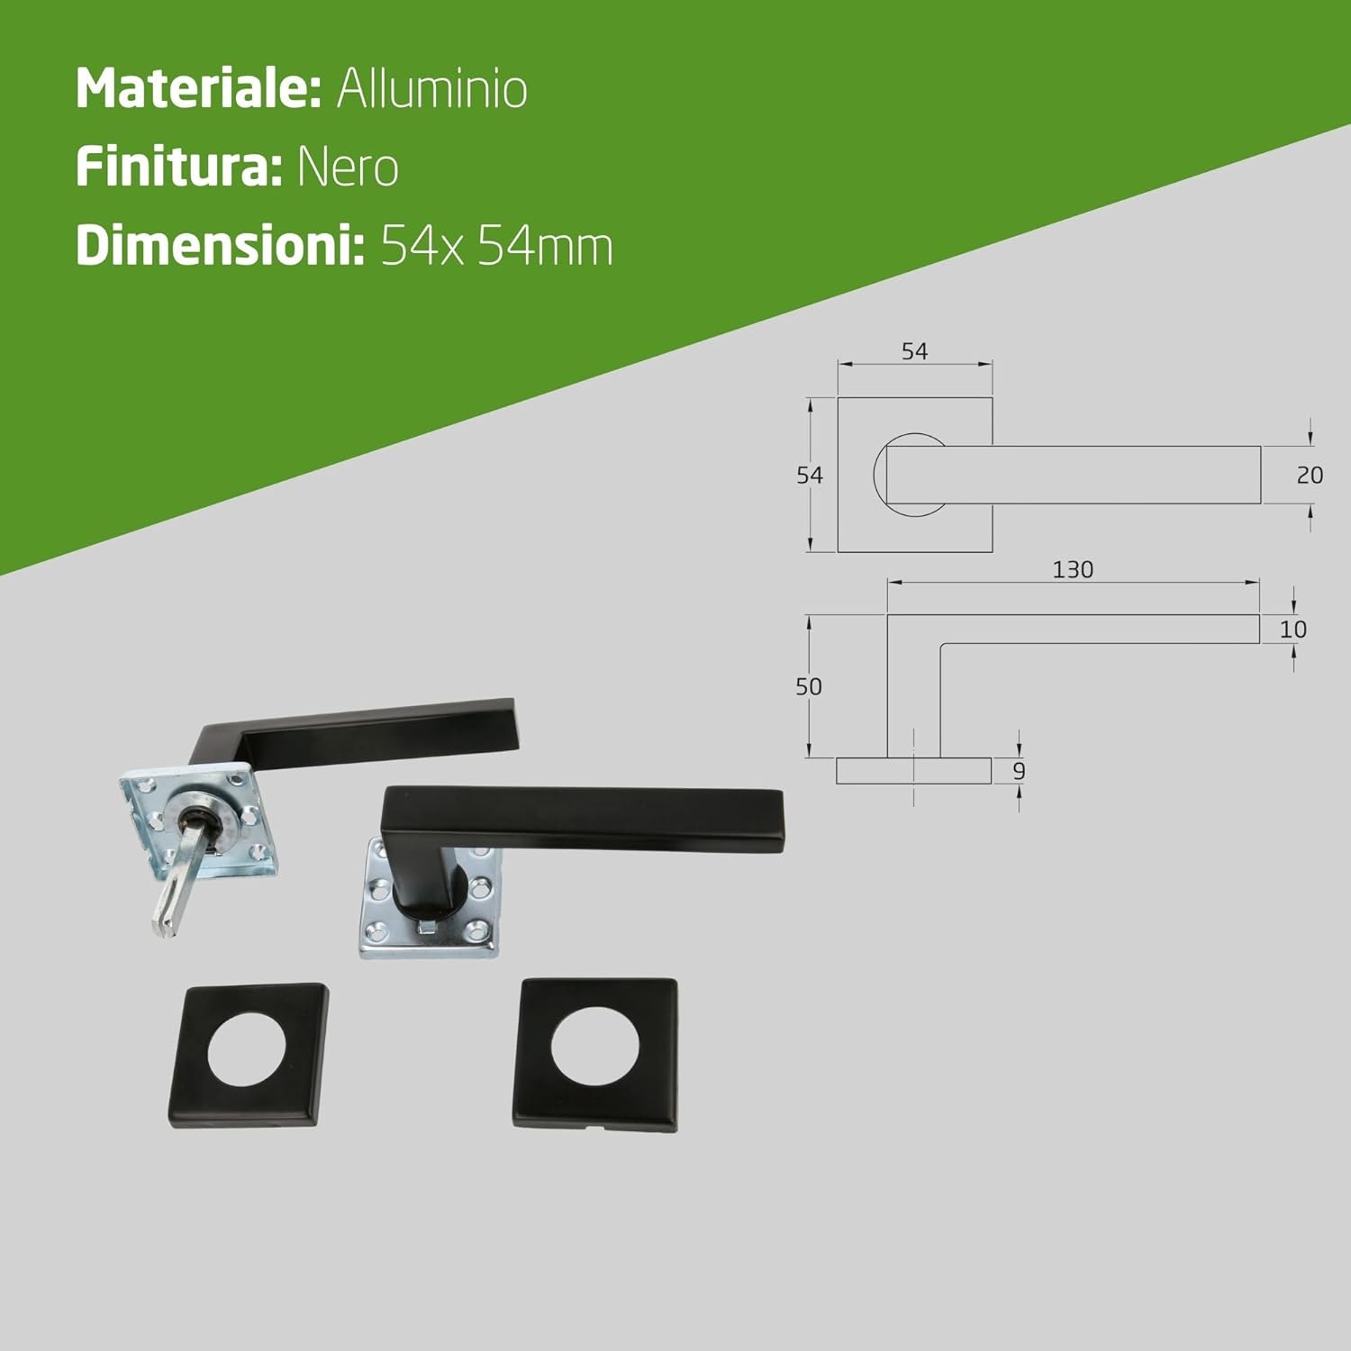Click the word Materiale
point(198,88)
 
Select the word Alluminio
point(432,88)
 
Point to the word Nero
point(348,168)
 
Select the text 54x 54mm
point(496,246)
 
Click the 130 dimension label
point(1073,569)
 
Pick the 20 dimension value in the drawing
point(1310,475)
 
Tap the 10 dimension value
point(1292,630)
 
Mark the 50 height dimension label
point(808,686)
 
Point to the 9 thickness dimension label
point(1019,771)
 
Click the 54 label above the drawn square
point(914,351)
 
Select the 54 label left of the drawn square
point(809,475)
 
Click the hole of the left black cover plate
point(246,1051)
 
